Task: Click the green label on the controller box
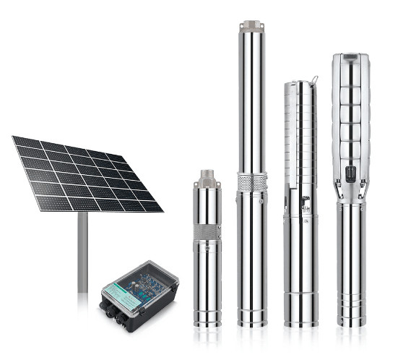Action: pyautogui.click(x=116, y=289)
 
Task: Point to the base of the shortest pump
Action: pyautogui.click(x=209, y=322)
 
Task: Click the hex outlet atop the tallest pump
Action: pyautogui.click(x=251, y=27)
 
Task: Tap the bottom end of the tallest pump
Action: pyautogui.click(x=252, y=320)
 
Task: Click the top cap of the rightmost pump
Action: pyautogui.click(x=350, y=58)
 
